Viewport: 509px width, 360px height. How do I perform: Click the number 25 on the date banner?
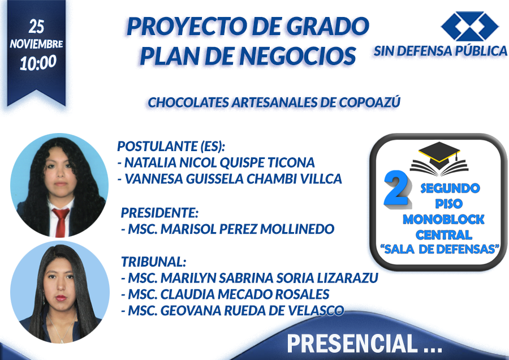pyautogui.click(x=36, y=27)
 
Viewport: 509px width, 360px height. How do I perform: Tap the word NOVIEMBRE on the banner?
pyautogui.click(x=36, y=44)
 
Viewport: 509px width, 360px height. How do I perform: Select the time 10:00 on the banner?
pyautogui.click(x=38, y=63)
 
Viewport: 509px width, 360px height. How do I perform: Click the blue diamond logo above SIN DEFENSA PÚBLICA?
pyautogui.click(x=469, y=26)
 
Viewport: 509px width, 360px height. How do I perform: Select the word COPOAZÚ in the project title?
pyautogui.click(x=369, y=102)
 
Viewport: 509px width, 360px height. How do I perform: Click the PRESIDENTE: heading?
pyautogui.click(x=159, y=213)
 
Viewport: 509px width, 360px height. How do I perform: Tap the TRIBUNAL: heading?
pyautogui.click(x=153, y=262)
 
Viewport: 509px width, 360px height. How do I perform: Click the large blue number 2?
pyautogui.click(x=396, y=188)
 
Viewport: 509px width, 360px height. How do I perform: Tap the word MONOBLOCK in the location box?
pyautogui.click(x=443, y=219)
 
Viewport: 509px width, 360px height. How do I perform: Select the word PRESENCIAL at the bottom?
pyautogui.click(x=352, y=344)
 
